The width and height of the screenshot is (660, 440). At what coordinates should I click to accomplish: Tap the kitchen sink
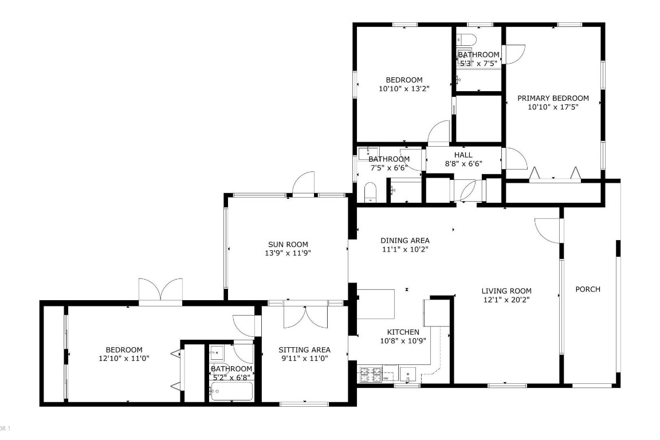pyautogui.click(x=408, y=375)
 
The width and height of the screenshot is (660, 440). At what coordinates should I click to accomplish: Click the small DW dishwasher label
pyautogui.click(x=386, y=379)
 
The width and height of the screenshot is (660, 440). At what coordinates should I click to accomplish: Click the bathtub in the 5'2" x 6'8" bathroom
pyautogui.click(x=231, y=392)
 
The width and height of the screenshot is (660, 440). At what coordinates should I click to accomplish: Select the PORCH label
pyautogui.click(x=588, y=289)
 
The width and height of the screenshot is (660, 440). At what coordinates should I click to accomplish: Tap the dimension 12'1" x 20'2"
pyautogui.click(x=506, y=299)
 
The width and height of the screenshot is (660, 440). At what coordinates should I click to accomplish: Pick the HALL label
pyautogui.click(x=463, y=155)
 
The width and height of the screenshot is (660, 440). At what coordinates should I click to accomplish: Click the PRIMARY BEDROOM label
pyautogui.click(x=553, y=98)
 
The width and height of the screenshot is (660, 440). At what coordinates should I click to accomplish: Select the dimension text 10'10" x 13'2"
pyautogui.click(x=404, y=88)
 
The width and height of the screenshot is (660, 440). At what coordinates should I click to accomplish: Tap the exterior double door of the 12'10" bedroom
pyautogui.click(x=160, y=291)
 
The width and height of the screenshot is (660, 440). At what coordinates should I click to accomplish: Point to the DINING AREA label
pyautogui.click(x=405, y=241)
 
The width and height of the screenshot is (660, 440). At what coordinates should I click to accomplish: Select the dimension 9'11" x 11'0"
pyautogui.click(x=304, y=358)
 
